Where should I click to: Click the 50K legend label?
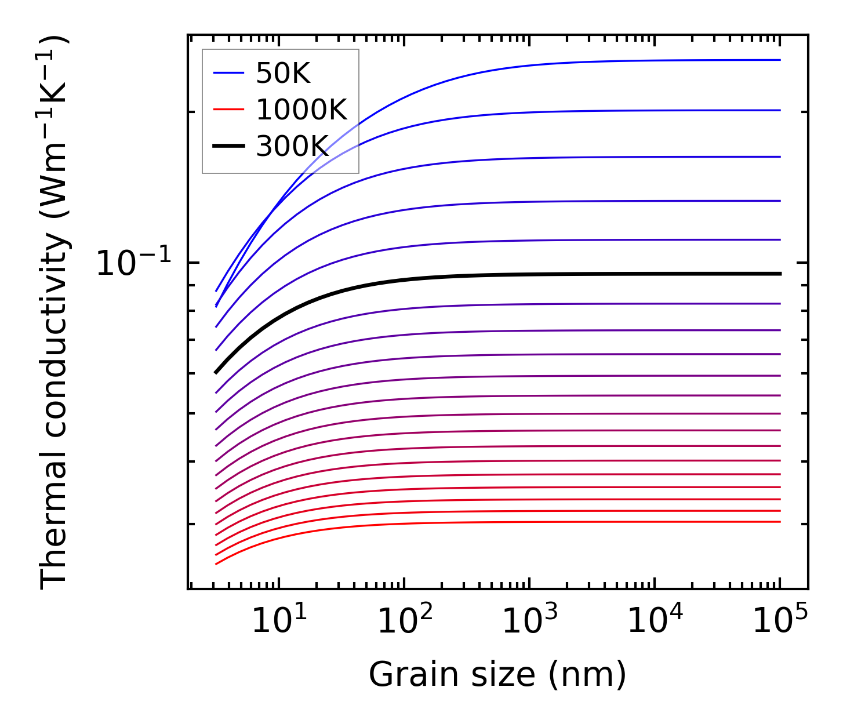(284, 74)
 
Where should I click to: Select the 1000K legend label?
(301, 110)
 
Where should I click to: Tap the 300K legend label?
(292, 146)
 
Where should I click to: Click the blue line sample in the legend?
(228, 73)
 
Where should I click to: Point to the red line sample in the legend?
(228, 110)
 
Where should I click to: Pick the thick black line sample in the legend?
(228, 146)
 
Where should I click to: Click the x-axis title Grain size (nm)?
(497, 674)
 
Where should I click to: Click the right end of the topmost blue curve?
(780, 60)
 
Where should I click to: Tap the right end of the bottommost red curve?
(780, 522)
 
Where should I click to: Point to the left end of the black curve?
(216, 372)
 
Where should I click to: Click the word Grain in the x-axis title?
(405, 674)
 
